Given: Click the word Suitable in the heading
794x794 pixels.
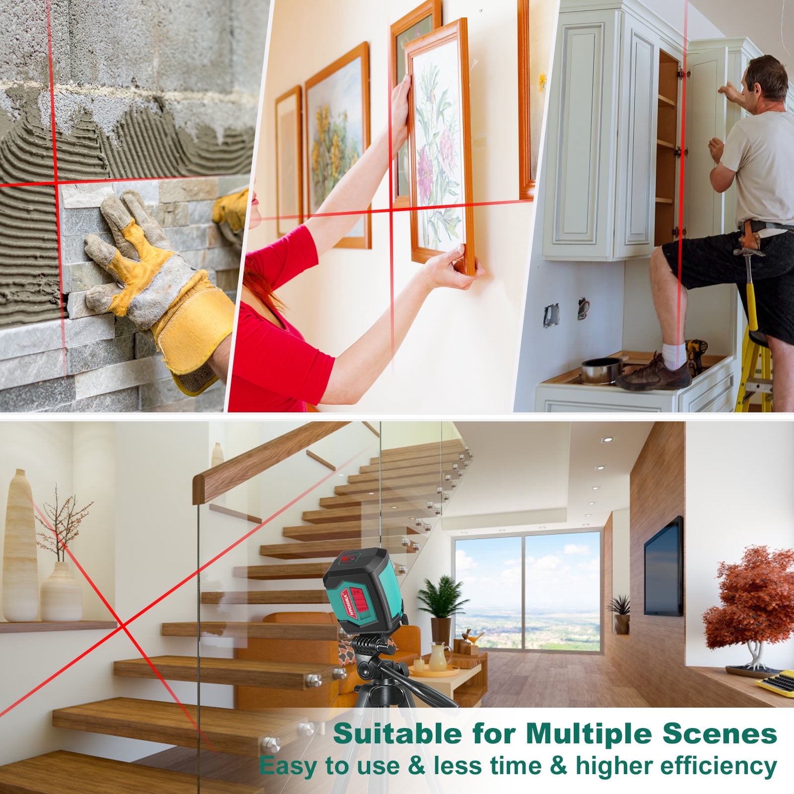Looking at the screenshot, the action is point(394,734).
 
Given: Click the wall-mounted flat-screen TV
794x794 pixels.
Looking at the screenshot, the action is point(663,566).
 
